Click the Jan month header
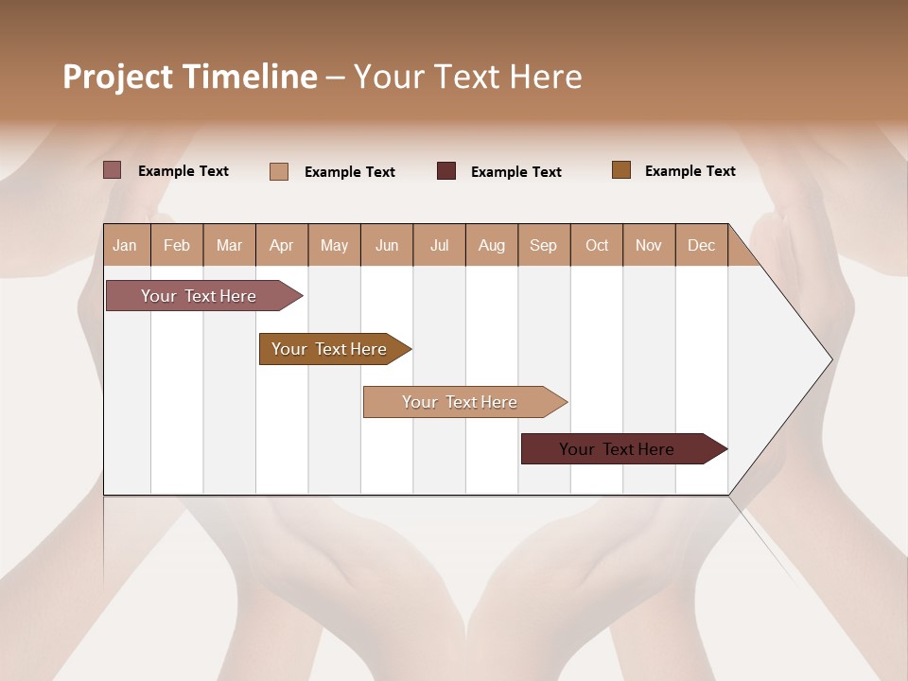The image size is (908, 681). [126, 245]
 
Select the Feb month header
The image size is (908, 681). [177, 245]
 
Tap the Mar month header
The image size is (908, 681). [229, 245]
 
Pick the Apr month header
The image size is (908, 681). [282, 245]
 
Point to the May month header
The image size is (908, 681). [334, 245]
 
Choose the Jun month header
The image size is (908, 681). [387, 245]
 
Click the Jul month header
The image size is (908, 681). [439, 245]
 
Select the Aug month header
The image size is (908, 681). [492, 245]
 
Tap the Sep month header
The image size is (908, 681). [544, 245]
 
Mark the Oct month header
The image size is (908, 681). [597, 245]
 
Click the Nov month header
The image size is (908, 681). [649, 245]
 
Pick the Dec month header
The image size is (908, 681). [702, 245]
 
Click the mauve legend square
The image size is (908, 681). [112, 170]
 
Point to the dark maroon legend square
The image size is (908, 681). [446, 171]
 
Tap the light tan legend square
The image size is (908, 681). [279, 171]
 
